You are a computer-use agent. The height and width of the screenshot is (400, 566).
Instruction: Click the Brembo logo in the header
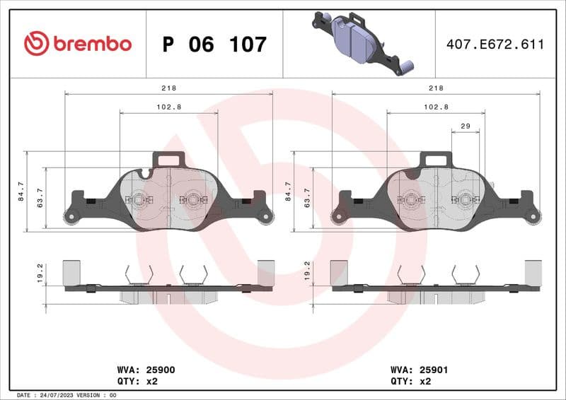point(77,44)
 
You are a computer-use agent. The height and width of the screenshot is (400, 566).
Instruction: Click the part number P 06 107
point(214,45)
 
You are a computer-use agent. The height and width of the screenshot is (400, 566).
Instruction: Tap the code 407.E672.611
point(495,45)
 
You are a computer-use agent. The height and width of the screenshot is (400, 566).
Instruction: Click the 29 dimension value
point(465,126)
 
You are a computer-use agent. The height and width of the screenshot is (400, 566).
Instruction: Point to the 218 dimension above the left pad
point(168,88)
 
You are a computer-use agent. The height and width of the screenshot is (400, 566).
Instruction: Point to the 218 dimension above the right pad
point(436,88)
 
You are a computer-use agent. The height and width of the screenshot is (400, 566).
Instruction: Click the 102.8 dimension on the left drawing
point(168,107)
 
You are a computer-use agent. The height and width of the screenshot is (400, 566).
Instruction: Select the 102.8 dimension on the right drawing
point(436,107)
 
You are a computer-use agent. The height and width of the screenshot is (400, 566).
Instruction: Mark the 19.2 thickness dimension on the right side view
point(306,272)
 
